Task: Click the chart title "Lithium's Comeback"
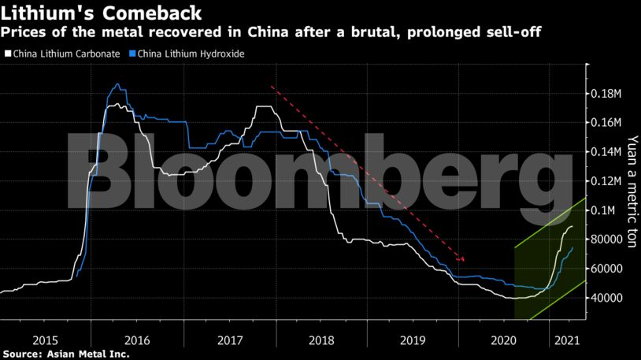click(100, 13)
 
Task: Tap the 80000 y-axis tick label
click(606, 239)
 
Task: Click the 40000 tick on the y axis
click(606, 298)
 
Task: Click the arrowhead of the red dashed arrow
click(463, 260)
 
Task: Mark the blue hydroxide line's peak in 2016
click(117, 84)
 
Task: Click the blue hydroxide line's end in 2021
click(572, 247)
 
